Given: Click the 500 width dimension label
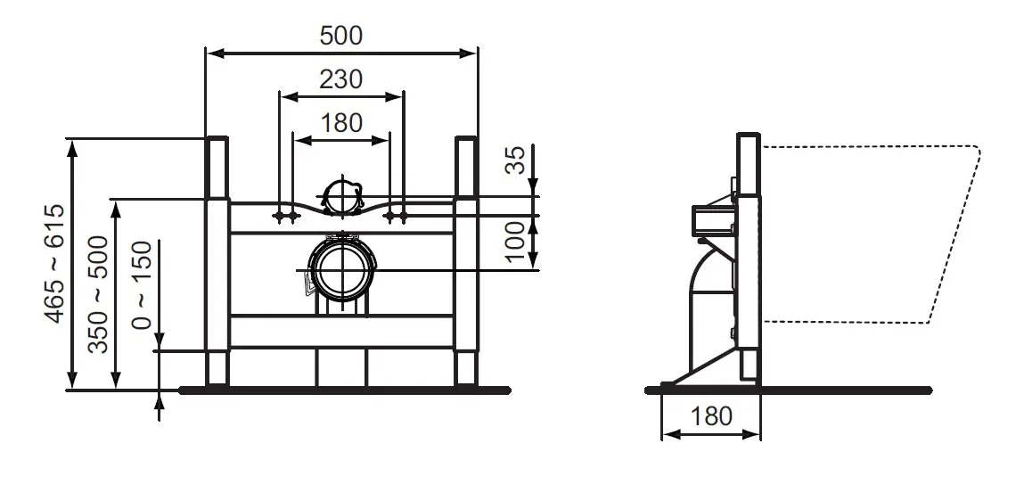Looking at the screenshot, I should (341, 36).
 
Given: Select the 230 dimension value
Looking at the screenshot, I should (341, 79).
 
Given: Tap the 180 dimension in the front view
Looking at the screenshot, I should (341, 123).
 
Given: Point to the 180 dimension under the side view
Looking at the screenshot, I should (710, 416).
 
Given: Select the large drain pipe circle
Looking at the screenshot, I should (341, 270).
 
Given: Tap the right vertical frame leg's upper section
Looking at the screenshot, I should (466, 168).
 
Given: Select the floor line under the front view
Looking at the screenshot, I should (345, 390).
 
